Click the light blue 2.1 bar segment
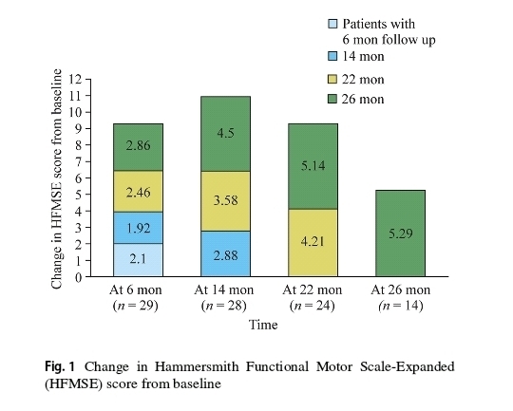pyautogui.click(x=138, y=260)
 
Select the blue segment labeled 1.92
pyautogui.click(x=138, y=228)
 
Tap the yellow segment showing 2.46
pyautogui.click(x=138, y=192)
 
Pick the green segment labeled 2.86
pyautogui.click(x=138, y=147)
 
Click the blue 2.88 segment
pyautogui.click(x=225, y=254)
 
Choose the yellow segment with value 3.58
pyautogui.click(x=225, y=201)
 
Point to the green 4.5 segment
pyautogui.click(x=225, y=134)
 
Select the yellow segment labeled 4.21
pyautogui.click(x=313, y=243)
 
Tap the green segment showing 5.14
pyautogui.click(x=313, y=166)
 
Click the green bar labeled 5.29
pyautogui.click(x=401, y=234)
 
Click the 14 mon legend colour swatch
pyautogui.click(x=332, y=56)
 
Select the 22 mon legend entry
pyautogui.click(x=356, y=80)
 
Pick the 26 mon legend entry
pyautogui.click(x=356, y=99)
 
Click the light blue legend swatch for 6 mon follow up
pyautogui.click(x=332, y=24)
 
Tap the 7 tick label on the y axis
pyautogui.click(x=78, y=161)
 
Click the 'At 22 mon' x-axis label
pyautogui.click(x=313, y=290)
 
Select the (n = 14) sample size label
pyautogui.click(x=401, y=306)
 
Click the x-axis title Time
pyautogui.click(x=263, y=325)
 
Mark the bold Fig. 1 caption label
pyautogui.click(x=60, y=366)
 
